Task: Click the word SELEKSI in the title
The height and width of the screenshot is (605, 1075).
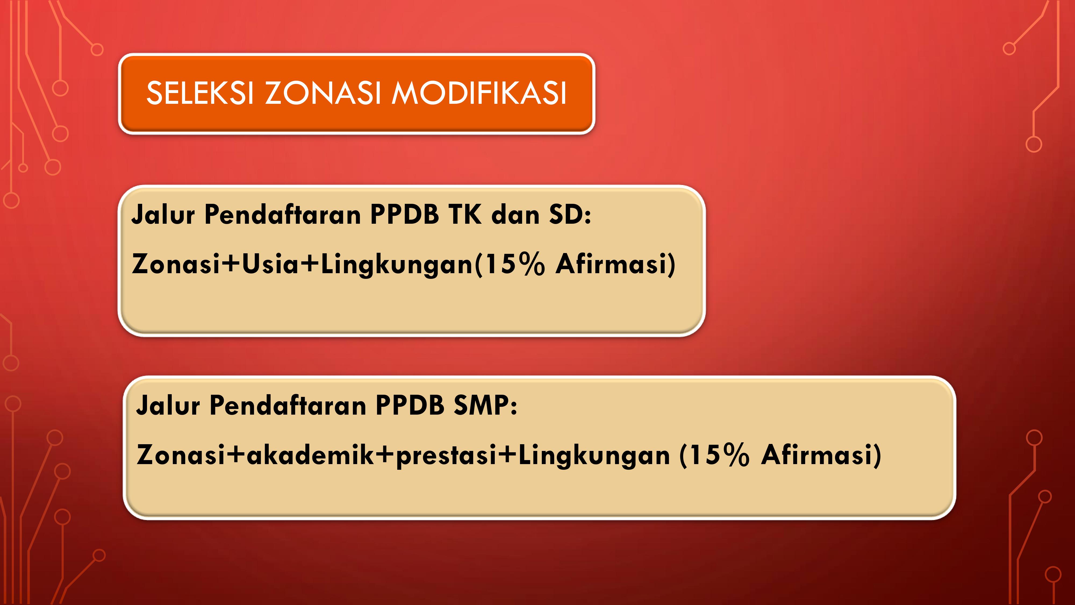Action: click(x=200, y=93)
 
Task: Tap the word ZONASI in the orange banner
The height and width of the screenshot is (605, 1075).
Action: click(x=322, y=93)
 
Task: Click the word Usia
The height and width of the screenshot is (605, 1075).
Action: click(x=270, y=264)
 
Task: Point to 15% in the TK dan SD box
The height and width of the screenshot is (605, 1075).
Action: click(x=515, y=264)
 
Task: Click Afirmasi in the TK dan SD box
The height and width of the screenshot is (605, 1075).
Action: click(x=612, y=264)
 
